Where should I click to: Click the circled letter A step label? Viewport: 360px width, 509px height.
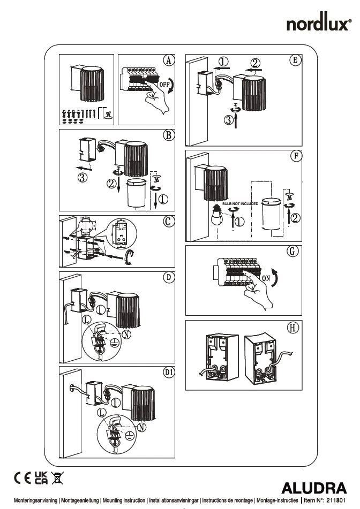(168, 60)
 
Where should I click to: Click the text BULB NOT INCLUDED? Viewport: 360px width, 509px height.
(240, 204)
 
